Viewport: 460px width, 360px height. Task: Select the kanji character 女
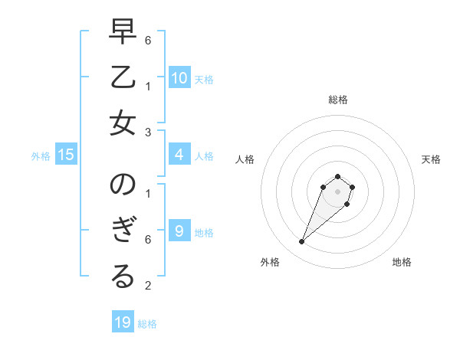click(x=123, y=124)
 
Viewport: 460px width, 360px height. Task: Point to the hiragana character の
click(x=123, y=187)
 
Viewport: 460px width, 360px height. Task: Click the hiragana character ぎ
click(x=123, y=232)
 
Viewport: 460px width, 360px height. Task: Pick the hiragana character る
click(x=123, y=277)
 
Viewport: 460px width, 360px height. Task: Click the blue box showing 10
click(x=179, y=77)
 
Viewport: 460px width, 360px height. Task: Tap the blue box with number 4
click(x=179, y=155)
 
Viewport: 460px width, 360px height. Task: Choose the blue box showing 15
click(x=66, y=155)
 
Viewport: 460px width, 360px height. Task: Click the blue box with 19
click(x=123, y=322)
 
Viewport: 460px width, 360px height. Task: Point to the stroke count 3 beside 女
click(x=148, y=133)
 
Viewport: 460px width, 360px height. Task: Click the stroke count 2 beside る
click(x=148, y=286)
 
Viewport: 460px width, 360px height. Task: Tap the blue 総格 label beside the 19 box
click(x=148, y=324)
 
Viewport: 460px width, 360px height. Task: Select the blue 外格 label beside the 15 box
click(x=41, y=156)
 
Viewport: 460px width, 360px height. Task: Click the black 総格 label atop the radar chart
click(x=337, y=100)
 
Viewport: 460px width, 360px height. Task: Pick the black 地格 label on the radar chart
click(x=402, y=262)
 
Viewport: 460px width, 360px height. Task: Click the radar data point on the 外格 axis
click(x=302, y=242)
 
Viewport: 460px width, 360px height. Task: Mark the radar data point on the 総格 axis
click(x=337, y=177)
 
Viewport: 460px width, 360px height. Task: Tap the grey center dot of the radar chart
click(x=337, y=191)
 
